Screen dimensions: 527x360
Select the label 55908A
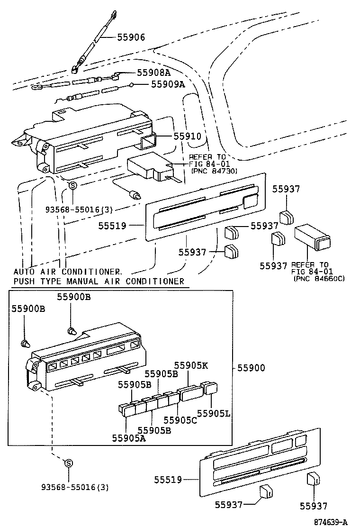153,73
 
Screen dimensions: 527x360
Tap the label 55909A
168,84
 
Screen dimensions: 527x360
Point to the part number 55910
187,136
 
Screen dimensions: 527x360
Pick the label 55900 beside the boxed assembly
251,367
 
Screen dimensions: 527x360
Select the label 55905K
191,365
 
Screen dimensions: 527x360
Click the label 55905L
214,413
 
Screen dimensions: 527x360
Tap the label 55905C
180,420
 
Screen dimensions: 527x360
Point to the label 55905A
129,438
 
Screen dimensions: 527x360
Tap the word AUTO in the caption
23,272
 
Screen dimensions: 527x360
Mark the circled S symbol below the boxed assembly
68,463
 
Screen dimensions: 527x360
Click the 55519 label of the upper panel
112,226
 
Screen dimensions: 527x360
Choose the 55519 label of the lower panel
168,480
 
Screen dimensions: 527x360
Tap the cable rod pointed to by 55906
94,43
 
